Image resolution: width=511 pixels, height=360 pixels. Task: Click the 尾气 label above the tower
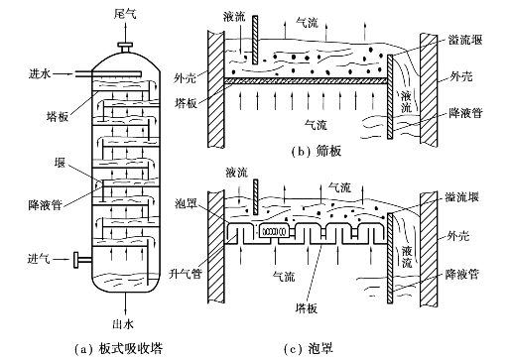pyautogui.click(x=125, y=14)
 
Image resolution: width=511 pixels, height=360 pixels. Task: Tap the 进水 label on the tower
pyautogui.click(x=40, y=73)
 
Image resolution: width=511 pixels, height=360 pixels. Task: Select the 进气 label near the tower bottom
pyautogui.click(x=39, y=259)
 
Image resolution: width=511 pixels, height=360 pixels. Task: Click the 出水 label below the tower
pyautogui.click(x=123, y=324)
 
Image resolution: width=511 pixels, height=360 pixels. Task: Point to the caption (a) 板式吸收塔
pyautogui.click(x=118, y=348)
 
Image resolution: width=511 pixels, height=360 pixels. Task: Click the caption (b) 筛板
pyautogui.click(x=316, y=151)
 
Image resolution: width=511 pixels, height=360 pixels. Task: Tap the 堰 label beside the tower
pyautogui.click(x=60, y=163)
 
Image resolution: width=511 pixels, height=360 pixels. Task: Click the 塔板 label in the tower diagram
pyautogui.click(x=58, y=116)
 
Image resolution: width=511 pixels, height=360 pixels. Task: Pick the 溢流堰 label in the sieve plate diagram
pyautogui.click(x=465, y=40)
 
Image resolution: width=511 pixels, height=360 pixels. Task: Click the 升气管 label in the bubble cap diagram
pyautogui.click(x=186, y=274)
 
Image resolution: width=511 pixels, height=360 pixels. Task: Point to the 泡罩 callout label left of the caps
pyautogui.click(x=186, y=203)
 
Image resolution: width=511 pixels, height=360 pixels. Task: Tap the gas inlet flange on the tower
pyautogui.click(x=76, y=260)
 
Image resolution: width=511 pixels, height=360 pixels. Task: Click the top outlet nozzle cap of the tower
pyautogui.click(x=125, y=45)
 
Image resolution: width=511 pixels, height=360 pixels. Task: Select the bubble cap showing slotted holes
pyautogui.click(x=274, y=231)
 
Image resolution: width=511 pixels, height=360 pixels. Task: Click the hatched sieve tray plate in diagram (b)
pyautogui.click(x=306, y=80)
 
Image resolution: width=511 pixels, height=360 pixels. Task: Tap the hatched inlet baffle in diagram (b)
pyautogui.click(x=255, y=40)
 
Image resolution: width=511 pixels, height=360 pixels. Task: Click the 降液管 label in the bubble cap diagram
pyautogui.click(x=461, y=275)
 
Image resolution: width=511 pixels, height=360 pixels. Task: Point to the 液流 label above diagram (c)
pyautogui.click(x=237, y=173)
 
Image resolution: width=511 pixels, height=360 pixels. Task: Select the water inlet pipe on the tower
pyautogui.click(x=108, y=74)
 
